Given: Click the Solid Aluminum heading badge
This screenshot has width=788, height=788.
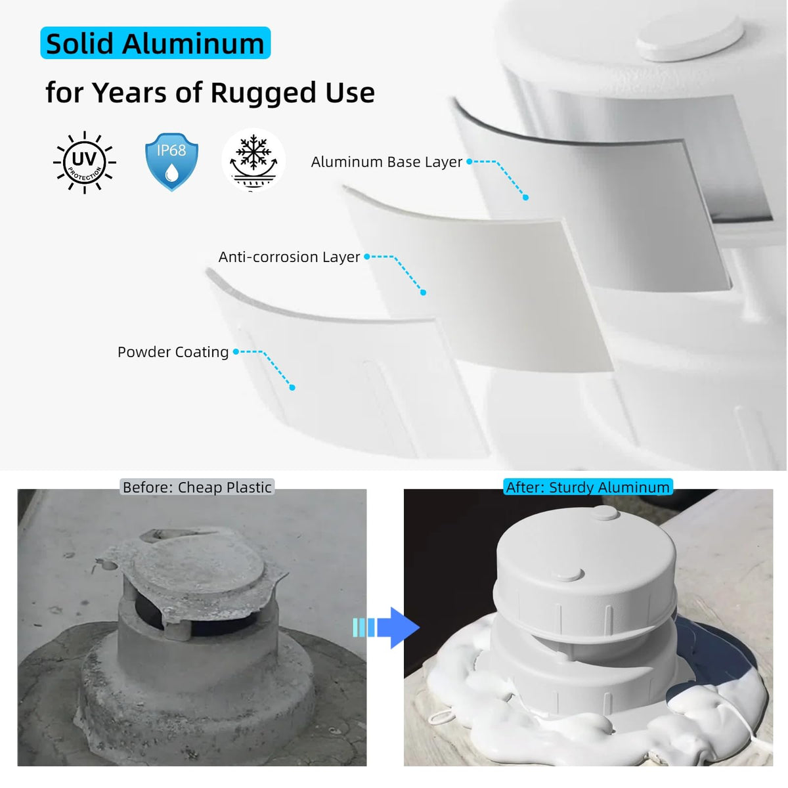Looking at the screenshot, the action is point(156,43).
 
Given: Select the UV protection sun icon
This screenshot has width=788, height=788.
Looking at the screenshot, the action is point(84,162).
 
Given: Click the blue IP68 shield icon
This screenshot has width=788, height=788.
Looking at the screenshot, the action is point(171,162).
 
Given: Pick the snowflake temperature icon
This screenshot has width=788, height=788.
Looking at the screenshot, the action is point(253,160).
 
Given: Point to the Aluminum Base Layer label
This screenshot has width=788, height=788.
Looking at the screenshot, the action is point(386,162).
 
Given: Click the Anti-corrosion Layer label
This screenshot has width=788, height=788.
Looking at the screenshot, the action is point(289,257).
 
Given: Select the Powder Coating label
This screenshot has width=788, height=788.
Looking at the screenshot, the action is point(173,352).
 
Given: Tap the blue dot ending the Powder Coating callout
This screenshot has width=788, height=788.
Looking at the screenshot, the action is point(292,387).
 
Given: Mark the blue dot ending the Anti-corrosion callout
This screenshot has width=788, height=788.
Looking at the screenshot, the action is point(424,292).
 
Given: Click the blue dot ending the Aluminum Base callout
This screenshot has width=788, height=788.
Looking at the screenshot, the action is point(525,198).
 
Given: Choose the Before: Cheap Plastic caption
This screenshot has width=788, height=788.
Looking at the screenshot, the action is point(197,487).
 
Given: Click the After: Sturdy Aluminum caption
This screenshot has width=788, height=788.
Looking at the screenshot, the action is point(588,487).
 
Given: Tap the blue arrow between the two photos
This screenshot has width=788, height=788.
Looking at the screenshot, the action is point(386,628).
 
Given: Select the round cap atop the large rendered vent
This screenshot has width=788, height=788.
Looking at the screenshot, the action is point(689,37).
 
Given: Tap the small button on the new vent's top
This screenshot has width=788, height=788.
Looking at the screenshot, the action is point(606,513).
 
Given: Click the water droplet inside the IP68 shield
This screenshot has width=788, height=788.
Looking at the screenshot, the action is point(171,173).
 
